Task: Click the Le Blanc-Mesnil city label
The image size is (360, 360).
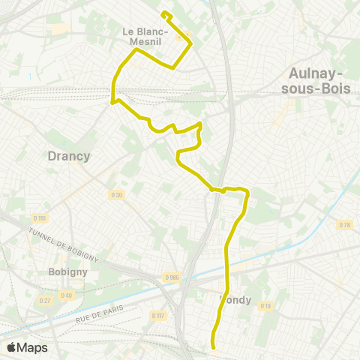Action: (x=143, y=36)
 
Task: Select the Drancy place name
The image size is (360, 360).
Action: (x=69, y=157)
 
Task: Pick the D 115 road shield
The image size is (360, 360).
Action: (x=39, y=218)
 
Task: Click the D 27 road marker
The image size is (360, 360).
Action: (x=45, y=300)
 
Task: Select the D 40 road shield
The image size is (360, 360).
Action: (x=66, y=295)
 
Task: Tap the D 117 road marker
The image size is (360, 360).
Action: (x=157, y=315)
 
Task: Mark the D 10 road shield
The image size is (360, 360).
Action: (x=265, y=306)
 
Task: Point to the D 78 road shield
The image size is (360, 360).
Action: (x=345, y=225)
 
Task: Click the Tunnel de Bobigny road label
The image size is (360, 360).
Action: (x=63, y=243)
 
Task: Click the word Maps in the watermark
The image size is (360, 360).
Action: (x=32, y=347)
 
